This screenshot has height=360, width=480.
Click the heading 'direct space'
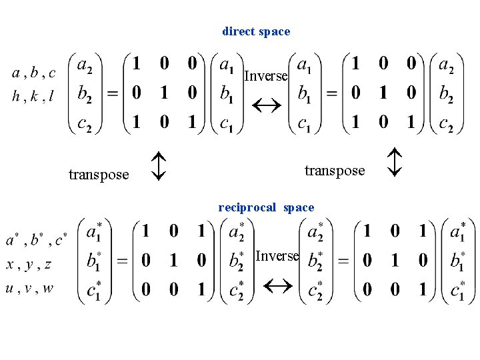(x=256, y=31)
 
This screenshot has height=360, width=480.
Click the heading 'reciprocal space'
(x=266, y=207)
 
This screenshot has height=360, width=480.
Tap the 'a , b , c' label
(x=34, y=73)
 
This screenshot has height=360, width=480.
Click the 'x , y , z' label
(x=29, y=265)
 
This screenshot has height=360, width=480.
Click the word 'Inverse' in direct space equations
(x=265, y=76)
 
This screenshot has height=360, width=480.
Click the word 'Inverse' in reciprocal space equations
(x=277, y=256)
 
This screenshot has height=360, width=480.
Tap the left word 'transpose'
(x=99, y=175)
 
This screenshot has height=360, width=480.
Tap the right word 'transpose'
(x=335, y=171)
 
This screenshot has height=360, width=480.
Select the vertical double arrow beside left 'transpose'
(x=157, y=166)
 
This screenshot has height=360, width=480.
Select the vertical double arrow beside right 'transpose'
(x=395, y=162)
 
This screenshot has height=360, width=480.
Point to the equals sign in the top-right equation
(x=331, y=95)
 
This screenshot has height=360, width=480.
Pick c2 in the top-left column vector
(x=85, y=125)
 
